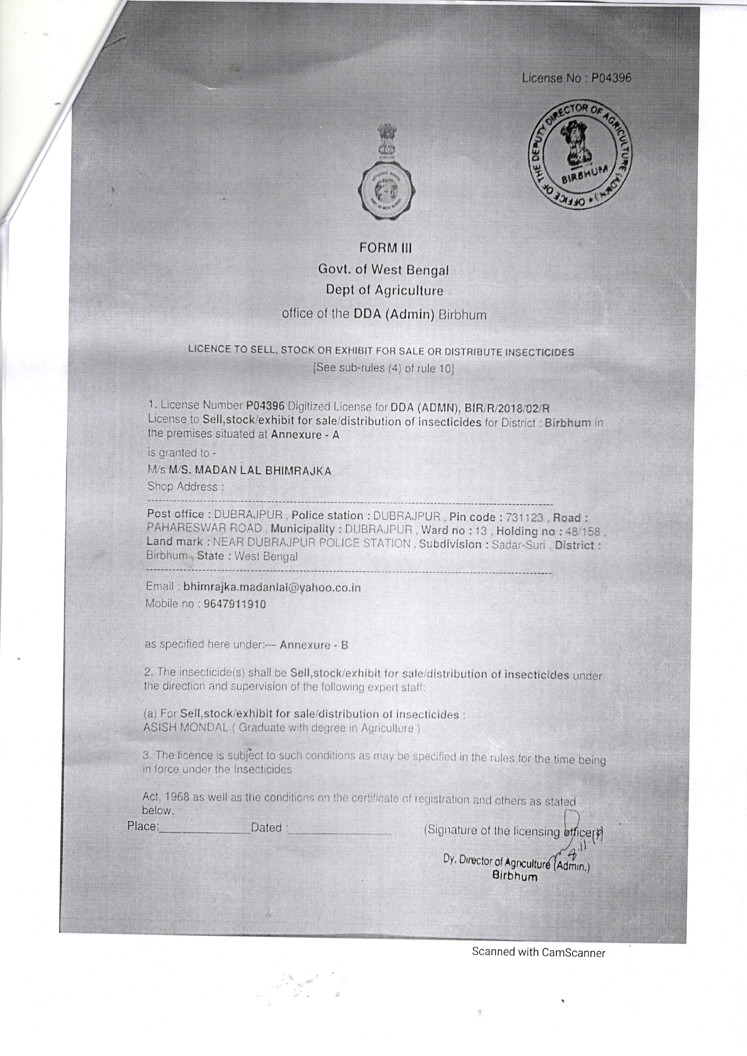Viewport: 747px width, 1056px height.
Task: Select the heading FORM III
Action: coord(385,248)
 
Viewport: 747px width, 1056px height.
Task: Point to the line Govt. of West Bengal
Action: coord(383,270)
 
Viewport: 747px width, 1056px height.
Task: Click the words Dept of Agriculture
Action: coord(384,291)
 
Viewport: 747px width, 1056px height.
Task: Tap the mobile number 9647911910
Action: coord(235,604)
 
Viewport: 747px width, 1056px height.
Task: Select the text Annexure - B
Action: coord(314,645)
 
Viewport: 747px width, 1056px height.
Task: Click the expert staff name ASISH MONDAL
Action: coord(185,727)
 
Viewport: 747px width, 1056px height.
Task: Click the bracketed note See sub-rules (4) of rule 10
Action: coord(383,368)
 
